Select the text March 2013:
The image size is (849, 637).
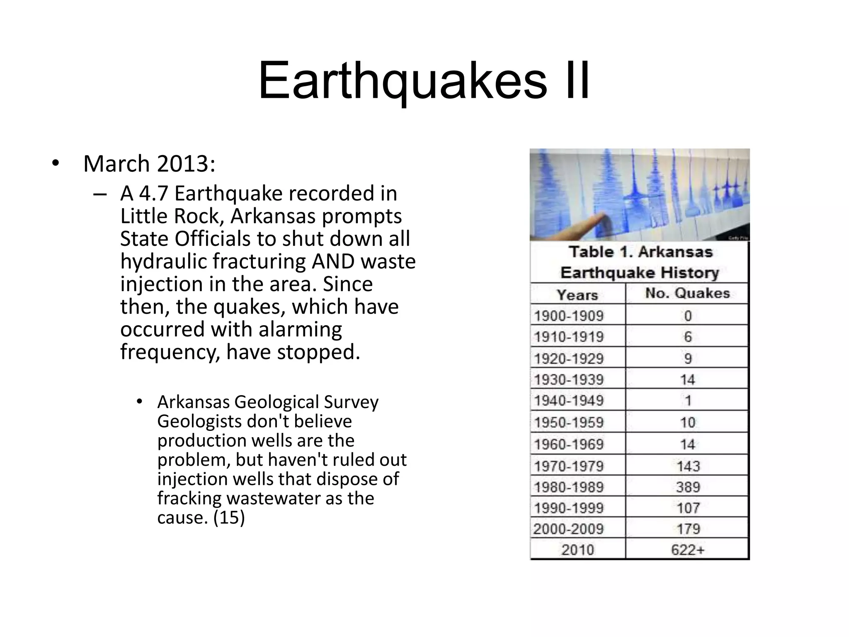(x=149, y=163)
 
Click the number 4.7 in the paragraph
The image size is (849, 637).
(x=154, y=193)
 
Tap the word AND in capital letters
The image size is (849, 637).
(x=333, y=261)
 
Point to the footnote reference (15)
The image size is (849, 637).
(x=229, y=517)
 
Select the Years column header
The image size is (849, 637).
(x=577, y=294)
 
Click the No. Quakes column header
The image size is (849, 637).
(x=687, y=293)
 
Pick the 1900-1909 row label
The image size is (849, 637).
(x=569, y=316)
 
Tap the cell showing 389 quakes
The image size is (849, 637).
(x=688, y=487)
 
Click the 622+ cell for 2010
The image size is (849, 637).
(x=688, y=550)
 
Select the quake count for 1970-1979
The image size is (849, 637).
(x=688, y=466)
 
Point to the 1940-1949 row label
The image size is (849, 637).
(x=569, y=401)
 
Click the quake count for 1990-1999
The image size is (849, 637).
(x=688, y=508)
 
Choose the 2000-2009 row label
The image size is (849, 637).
(x=569, y=529)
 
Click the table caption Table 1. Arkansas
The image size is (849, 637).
(x=640, y=252)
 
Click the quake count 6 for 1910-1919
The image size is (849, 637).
(x=688, y=337)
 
